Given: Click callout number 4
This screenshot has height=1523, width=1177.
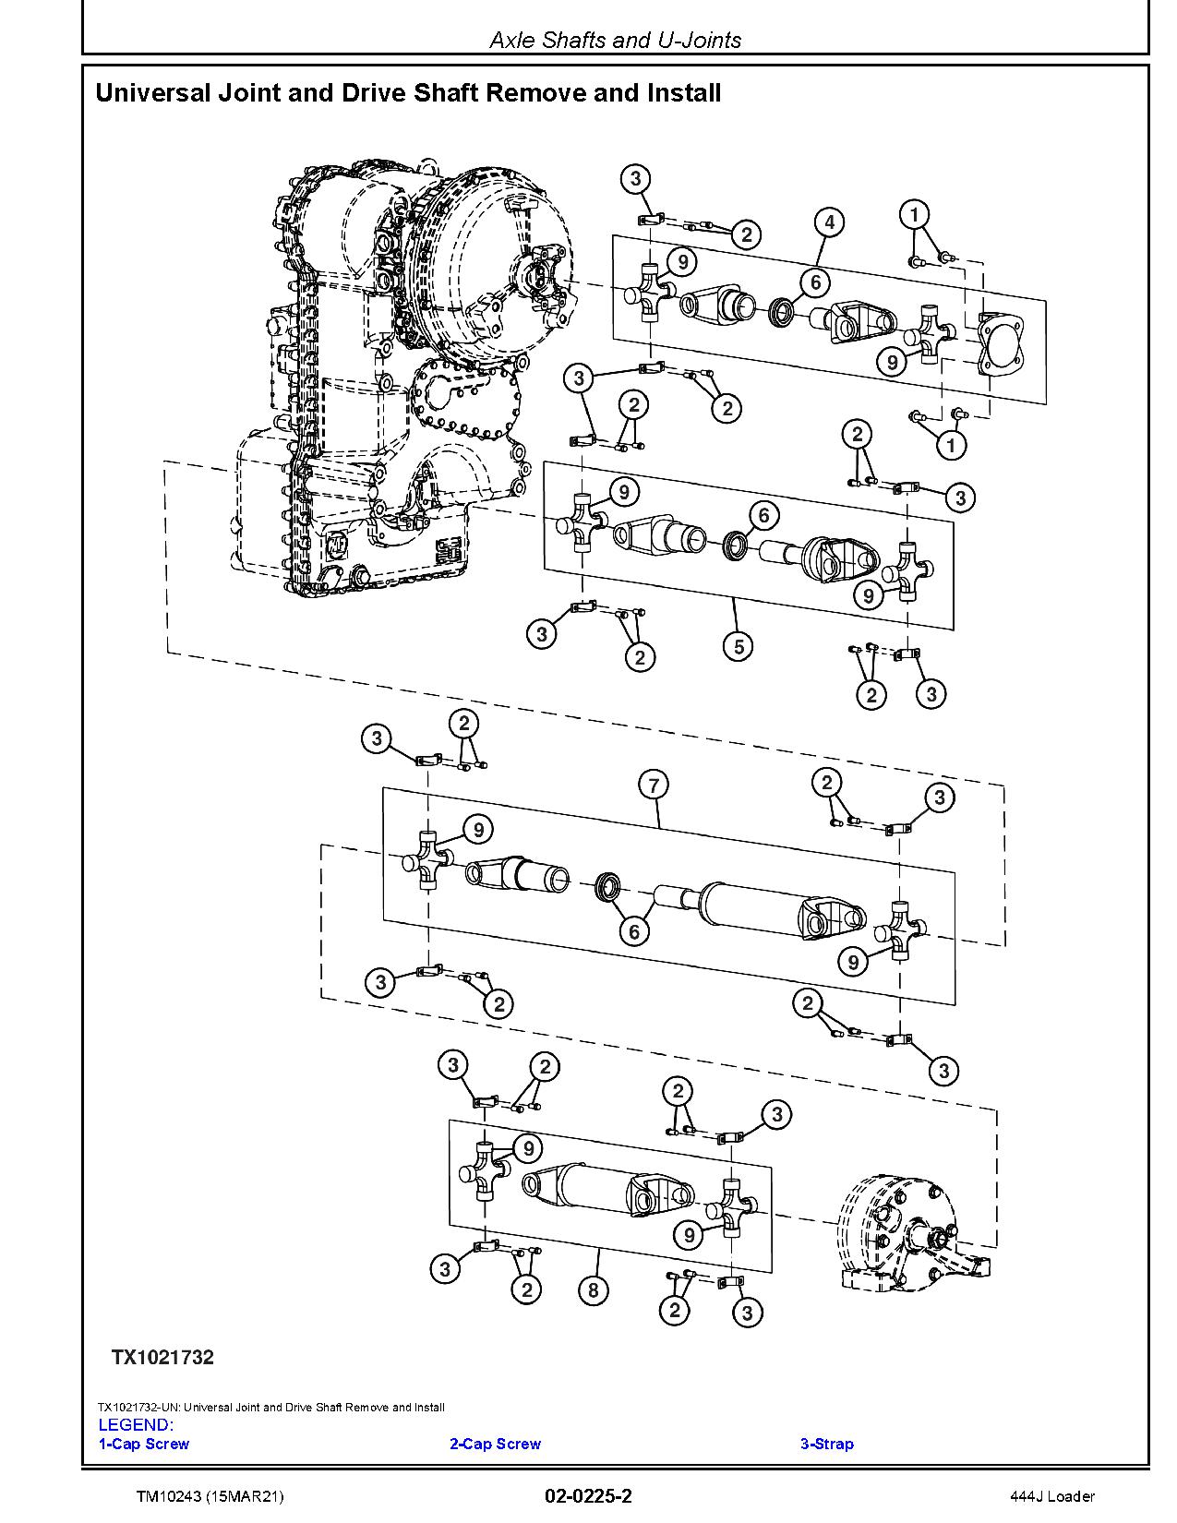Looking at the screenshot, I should click(x=829, y=222).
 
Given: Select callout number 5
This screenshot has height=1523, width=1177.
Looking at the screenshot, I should click(x=739, y=646).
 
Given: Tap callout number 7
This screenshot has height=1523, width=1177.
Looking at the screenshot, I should click(x=654, y=785).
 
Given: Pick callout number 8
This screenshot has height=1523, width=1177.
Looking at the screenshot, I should click(x=593, y=1289).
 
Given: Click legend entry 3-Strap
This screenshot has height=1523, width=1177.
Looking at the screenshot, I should click(x=826, y=1444).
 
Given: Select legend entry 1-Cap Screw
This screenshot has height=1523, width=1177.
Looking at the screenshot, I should click(x=144, y=1444).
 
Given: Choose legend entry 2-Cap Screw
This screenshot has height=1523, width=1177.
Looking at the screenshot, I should click(x=495, y=1444).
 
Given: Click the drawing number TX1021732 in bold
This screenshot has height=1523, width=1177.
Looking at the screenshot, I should click(x=162, y=1357).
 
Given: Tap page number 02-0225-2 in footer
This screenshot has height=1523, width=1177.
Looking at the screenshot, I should click(x=588, y=1496).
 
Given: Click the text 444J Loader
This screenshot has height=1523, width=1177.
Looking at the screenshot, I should click(x=1051, y=1496).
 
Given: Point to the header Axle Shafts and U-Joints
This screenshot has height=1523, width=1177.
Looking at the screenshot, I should click(x=615, y=40).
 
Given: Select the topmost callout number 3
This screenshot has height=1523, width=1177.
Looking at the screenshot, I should click(x=635, y=178).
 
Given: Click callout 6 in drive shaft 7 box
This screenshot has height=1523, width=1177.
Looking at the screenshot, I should click(x=633, y=931).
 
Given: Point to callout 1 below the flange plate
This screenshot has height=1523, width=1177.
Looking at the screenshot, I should click(x=951, y=445).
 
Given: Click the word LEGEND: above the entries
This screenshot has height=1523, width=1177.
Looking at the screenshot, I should click(x=136, y=1425).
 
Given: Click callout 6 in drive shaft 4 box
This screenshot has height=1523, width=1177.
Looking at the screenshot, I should click(x=815, y=282).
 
